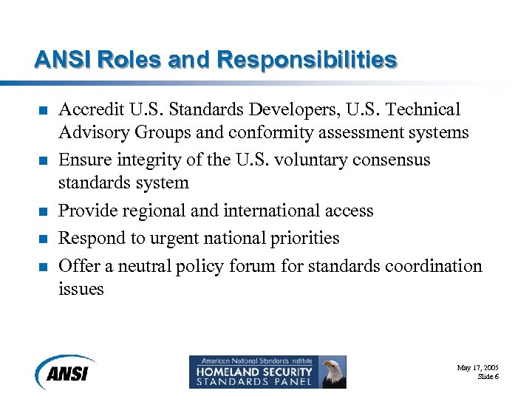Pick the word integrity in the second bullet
point(147,160)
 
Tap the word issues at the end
point(81,289)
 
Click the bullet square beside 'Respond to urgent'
point(43,239)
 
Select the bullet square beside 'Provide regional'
point(43,212)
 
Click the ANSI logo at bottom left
point(66,371)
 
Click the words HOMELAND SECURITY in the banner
point(252,372)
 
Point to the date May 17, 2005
point(477,367)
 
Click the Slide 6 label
point(488,377)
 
